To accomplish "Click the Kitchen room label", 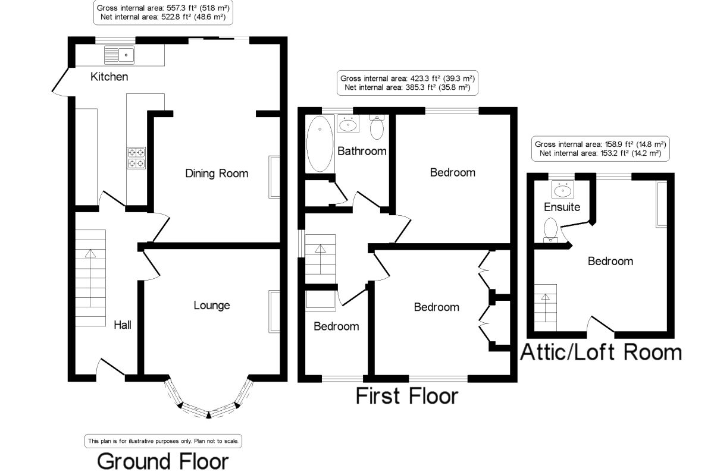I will [x=109, y=77].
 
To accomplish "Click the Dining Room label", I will [x=217, y=174].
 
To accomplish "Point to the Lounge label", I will [x=211, y=306].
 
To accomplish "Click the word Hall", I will [x=123, y=325].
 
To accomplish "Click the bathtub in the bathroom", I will [x=320, y=143].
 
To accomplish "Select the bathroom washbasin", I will [x=348, y=124].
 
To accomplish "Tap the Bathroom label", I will [x=362, y=151].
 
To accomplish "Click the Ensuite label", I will [x=562, y=207].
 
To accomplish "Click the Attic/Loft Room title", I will [x=601, y=352].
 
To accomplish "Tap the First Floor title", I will [x=407, y=395].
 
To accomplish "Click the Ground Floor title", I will [x=162, y=461].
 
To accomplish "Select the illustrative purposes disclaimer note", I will [x=164, y=441].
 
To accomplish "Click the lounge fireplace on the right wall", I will [x=274, y=312].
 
